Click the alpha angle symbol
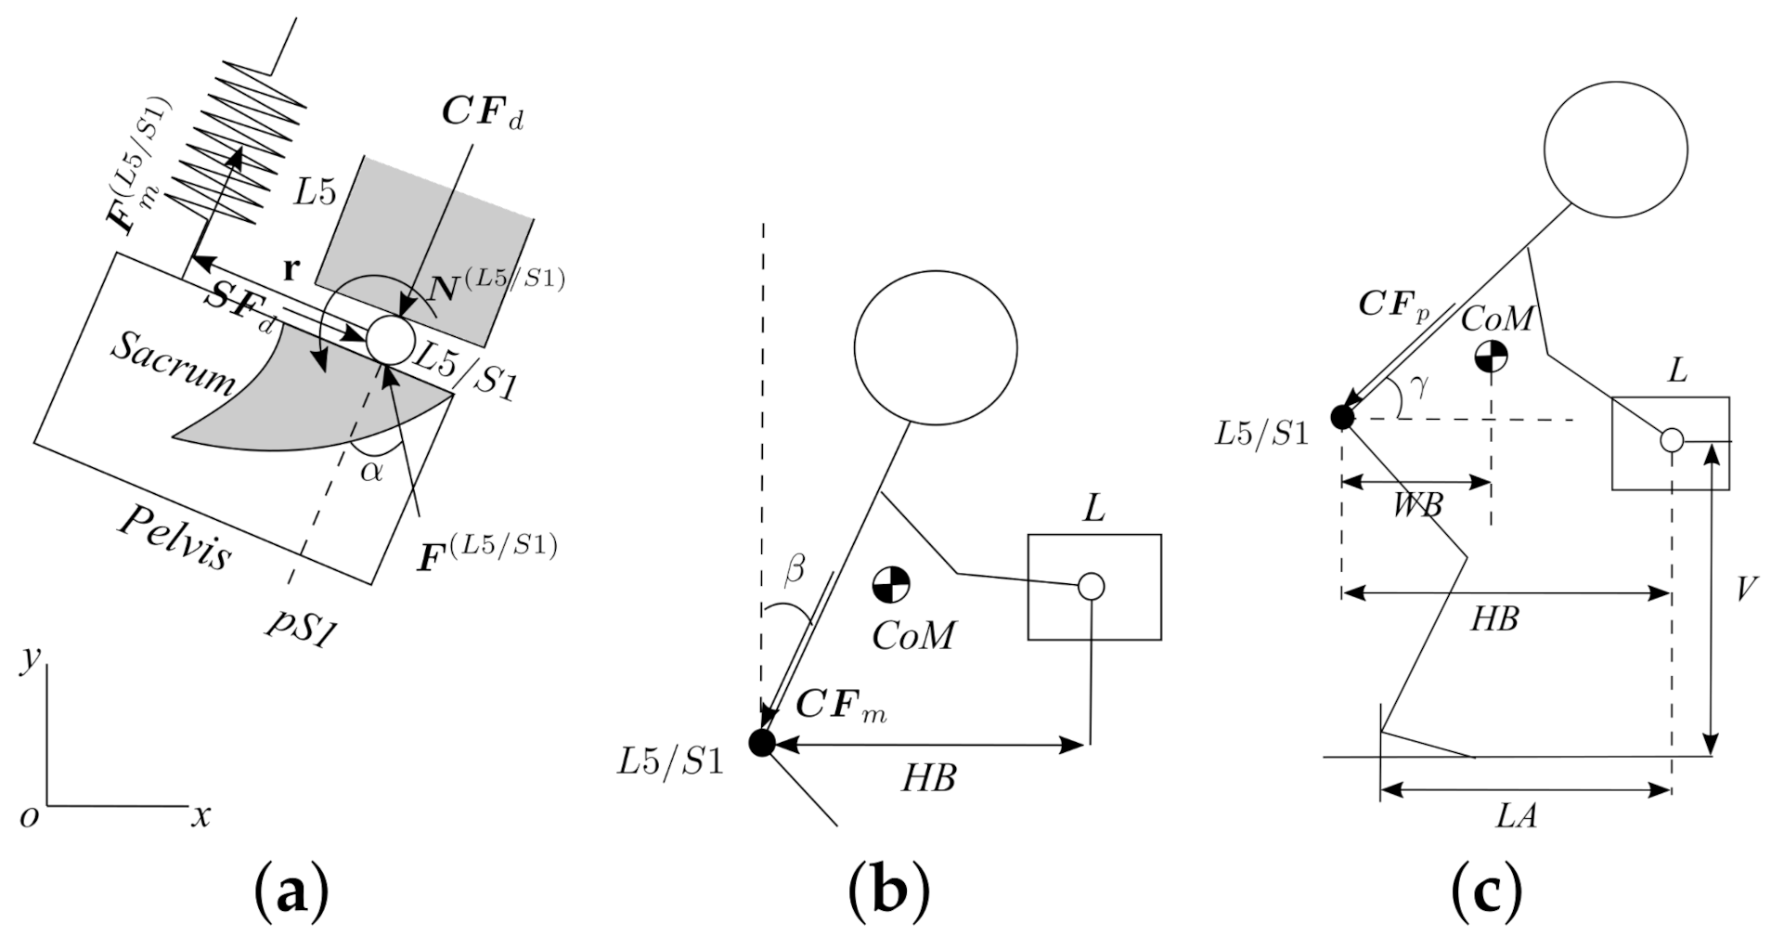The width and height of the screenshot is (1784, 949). click(371, 471)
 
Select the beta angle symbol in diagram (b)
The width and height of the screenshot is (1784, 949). click(795, 569)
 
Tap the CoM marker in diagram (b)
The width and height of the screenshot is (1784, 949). click(891, 584)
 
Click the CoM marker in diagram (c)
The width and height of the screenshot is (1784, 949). click(1491, 356)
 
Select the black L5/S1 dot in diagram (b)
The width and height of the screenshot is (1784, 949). click(761, 743)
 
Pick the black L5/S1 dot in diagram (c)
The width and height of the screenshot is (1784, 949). click(1342, 417)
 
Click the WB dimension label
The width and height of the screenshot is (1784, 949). click(1417, 506)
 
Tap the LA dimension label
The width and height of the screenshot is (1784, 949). click(1517, 816)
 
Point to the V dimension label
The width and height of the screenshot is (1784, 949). click(1745, 589)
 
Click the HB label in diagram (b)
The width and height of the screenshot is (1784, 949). click(929, 778)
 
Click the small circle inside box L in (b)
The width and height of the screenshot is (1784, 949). click(1091, 586)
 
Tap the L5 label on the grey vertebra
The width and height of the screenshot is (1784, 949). click(314, 192)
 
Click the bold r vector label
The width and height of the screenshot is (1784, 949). click(291, 270)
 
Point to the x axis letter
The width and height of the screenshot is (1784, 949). click(200, 816)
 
